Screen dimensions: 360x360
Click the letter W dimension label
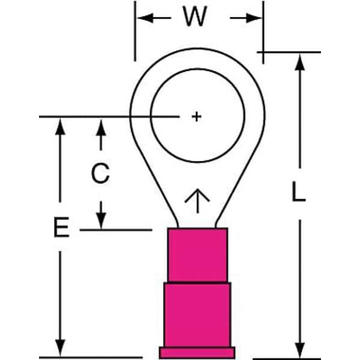click(x=195, y=16)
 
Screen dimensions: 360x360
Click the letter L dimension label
click(x=298, y=191)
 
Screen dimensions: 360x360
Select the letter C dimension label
click(x=100, y=173)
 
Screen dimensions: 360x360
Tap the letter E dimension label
click(x=61, y=227)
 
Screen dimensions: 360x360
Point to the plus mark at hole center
click(x=197, y=116)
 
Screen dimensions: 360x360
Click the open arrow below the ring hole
click(x=197, y=201)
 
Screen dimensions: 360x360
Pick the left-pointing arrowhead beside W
click(x=145, y=17)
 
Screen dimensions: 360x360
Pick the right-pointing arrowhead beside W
click(x=254, y=18)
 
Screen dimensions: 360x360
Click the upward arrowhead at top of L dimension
click(x=299, y=62)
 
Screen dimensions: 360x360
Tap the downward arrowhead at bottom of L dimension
click(x=299, y=350)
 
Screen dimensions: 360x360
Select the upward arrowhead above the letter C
click(x=101, y=127)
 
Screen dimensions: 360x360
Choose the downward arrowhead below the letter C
click(x=101, y=220)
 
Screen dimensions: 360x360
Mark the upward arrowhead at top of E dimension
click(x=60, y=127)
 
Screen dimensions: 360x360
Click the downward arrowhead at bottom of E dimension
click(x=60, y=347)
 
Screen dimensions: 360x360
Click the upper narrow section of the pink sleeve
click(x=197, y=255)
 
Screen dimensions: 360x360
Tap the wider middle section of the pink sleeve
click(x=197, y=315)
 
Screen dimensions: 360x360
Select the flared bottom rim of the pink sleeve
click(x=197, y=352)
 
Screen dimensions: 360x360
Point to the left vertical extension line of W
click(x=135, y=31)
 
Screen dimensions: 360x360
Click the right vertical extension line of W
click(x=263, y=32)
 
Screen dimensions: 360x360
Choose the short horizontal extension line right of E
click(x=116, y=230)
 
